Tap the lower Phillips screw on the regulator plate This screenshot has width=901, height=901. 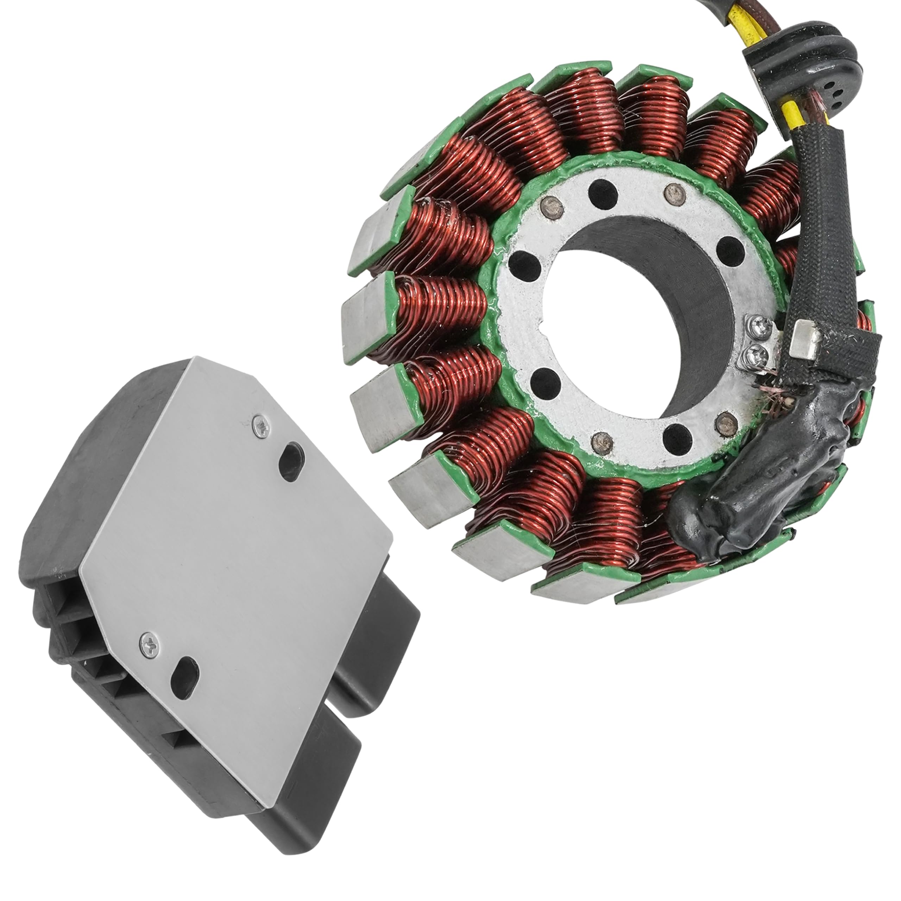pyautogui.click(x=148, y=644)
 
